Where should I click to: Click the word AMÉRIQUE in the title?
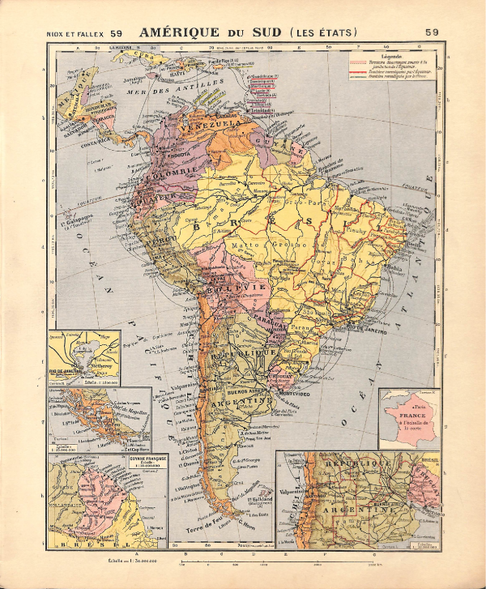177,32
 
